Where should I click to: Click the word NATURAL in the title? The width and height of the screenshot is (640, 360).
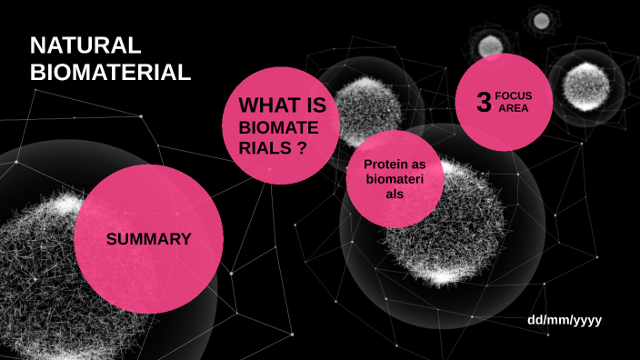point(85,45)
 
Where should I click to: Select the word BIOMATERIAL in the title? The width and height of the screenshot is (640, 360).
point(110,73)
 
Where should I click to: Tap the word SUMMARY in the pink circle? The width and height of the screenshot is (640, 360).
point(148,239)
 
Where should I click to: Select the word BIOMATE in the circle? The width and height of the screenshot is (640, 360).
point(278,129)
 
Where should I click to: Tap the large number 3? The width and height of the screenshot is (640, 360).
point(484,102)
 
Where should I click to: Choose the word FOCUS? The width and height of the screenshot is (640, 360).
point(514,95)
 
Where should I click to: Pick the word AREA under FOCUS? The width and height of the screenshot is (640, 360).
point(513,108)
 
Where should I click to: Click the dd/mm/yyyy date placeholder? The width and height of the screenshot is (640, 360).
point(565,321)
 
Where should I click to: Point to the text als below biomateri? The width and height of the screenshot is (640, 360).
point(395,195)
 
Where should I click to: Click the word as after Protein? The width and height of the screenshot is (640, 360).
point(419,164)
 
